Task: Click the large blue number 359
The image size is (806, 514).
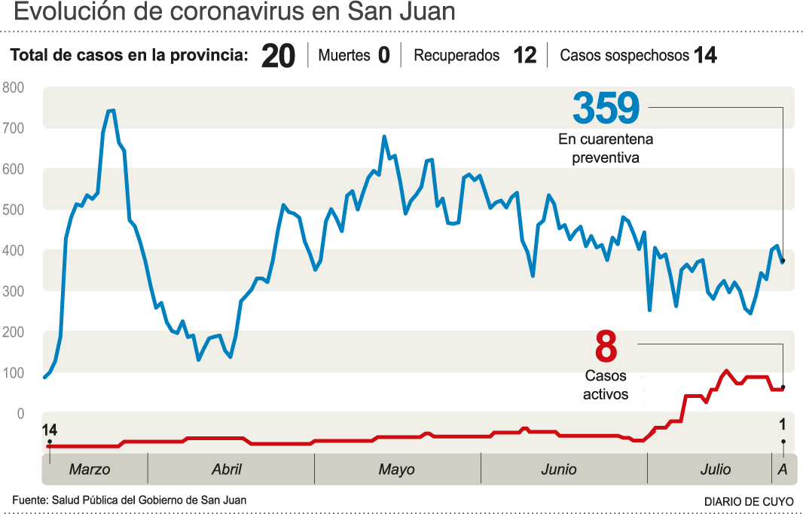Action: pos(606,109)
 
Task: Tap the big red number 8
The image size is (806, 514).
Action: pos(606,347)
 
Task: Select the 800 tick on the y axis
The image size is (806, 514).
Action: pos(14,88)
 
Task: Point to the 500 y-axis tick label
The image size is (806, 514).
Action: pos(14,210)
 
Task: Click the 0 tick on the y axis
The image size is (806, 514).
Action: pos(20,414)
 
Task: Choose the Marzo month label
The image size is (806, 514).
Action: pos(90,470)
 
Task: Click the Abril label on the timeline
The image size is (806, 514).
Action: pos(227,470)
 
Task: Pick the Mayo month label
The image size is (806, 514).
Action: pos(396,470)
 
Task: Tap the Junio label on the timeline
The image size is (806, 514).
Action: pos(558,470)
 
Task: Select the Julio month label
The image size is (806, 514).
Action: pos(715,470)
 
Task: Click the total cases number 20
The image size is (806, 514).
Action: pos(278,57)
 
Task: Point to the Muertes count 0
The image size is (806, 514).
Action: pos(383,56)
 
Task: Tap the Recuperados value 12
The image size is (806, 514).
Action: pos(524,56)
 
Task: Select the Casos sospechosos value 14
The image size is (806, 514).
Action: pos(705,56)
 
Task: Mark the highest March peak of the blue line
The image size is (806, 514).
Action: pos(110,111)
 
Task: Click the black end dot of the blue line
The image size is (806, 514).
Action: pos(783,262)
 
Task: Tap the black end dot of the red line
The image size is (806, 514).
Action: pos(783,387)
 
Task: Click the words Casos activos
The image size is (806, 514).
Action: pos(606,384)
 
